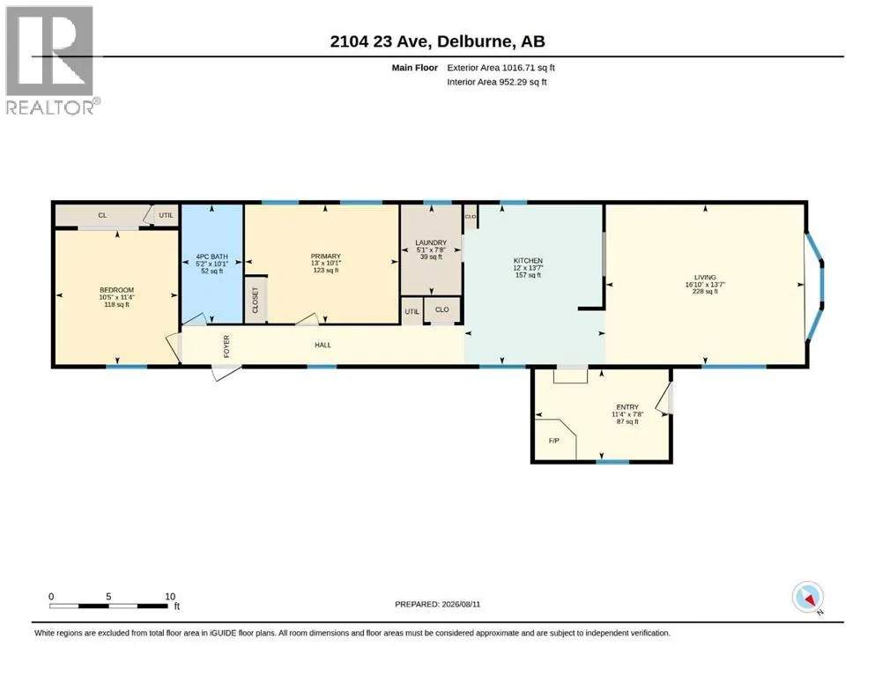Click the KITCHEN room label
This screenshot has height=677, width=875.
528,261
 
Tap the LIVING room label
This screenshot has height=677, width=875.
705,278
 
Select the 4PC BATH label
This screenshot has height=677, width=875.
212,257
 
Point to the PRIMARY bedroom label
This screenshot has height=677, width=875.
326,257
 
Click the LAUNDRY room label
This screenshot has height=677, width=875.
431,242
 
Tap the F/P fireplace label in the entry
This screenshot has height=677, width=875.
554,441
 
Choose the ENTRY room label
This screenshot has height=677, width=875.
627,407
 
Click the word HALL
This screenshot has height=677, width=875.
323,345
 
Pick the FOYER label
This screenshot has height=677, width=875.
226,346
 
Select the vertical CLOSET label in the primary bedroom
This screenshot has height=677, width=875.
256,301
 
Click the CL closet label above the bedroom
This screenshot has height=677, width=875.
102,215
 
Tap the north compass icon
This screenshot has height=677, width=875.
808,598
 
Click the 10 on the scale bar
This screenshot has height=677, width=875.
170,596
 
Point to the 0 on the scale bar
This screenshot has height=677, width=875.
51,596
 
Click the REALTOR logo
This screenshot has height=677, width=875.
51,60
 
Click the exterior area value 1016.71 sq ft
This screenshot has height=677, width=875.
529,68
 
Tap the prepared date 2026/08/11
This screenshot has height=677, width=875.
461,604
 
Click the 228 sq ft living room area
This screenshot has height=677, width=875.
705,291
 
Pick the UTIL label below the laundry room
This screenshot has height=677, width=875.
412,311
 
